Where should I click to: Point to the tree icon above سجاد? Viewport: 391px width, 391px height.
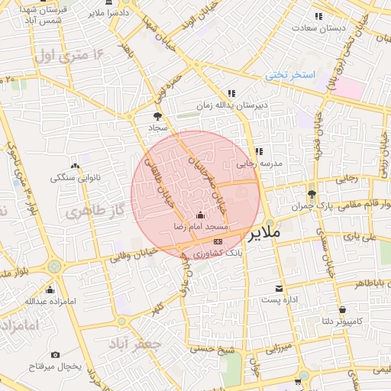(157, 117)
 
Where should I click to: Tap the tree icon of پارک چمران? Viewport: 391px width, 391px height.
(312, 193)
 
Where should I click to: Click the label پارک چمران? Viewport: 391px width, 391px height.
(314, 207)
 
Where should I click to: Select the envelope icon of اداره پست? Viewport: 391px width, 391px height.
(280, 288)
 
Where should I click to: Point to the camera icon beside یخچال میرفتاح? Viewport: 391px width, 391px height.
(55, 354)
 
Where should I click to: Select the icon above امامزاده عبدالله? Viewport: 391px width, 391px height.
(50, 289)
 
